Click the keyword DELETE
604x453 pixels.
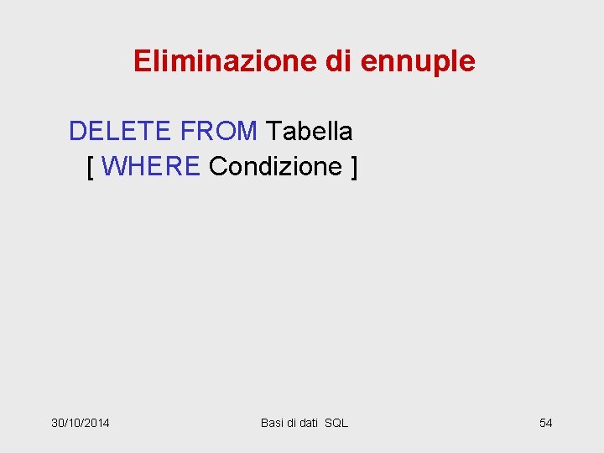coord(121,131)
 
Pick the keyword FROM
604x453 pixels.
coord(219,131)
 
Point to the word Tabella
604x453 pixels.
coord(309,131)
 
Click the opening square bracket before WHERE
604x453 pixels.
coord(90,167)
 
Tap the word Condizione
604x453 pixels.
coord(275,167)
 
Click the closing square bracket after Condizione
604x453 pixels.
coord(355,167)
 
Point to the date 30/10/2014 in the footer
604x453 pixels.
coord(81,423)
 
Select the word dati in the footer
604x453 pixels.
coord(309,423)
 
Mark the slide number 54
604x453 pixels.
coord(545,423)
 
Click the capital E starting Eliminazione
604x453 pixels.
coord(142,61)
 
